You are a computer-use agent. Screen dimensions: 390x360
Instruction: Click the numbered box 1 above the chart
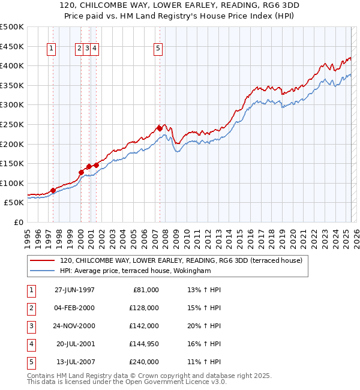click(51, 49)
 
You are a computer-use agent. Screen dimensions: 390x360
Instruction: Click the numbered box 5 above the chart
click(158, 49)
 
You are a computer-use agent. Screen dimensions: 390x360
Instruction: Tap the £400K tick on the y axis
click(12, 66)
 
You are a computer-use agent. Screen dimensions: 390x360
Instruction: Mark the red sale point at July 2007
click(160, 128)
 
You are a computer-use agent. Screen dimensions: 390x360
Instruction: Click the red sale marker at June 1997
click(53, 190)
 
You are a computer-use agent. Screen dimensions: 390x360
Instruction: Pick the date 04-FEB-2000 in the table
click(74, 308)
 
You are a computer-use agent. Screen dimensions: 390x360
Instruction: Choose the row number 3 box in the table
click(30, 326)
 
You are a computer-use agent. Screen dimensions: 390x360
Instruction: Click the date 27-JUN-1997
click(74, 290)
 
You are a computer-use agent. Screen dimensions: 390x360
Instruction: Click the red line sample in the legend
click(43, 260)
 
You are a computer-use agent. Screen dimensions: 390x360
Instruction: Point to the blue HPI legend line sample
click(43, 271)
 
